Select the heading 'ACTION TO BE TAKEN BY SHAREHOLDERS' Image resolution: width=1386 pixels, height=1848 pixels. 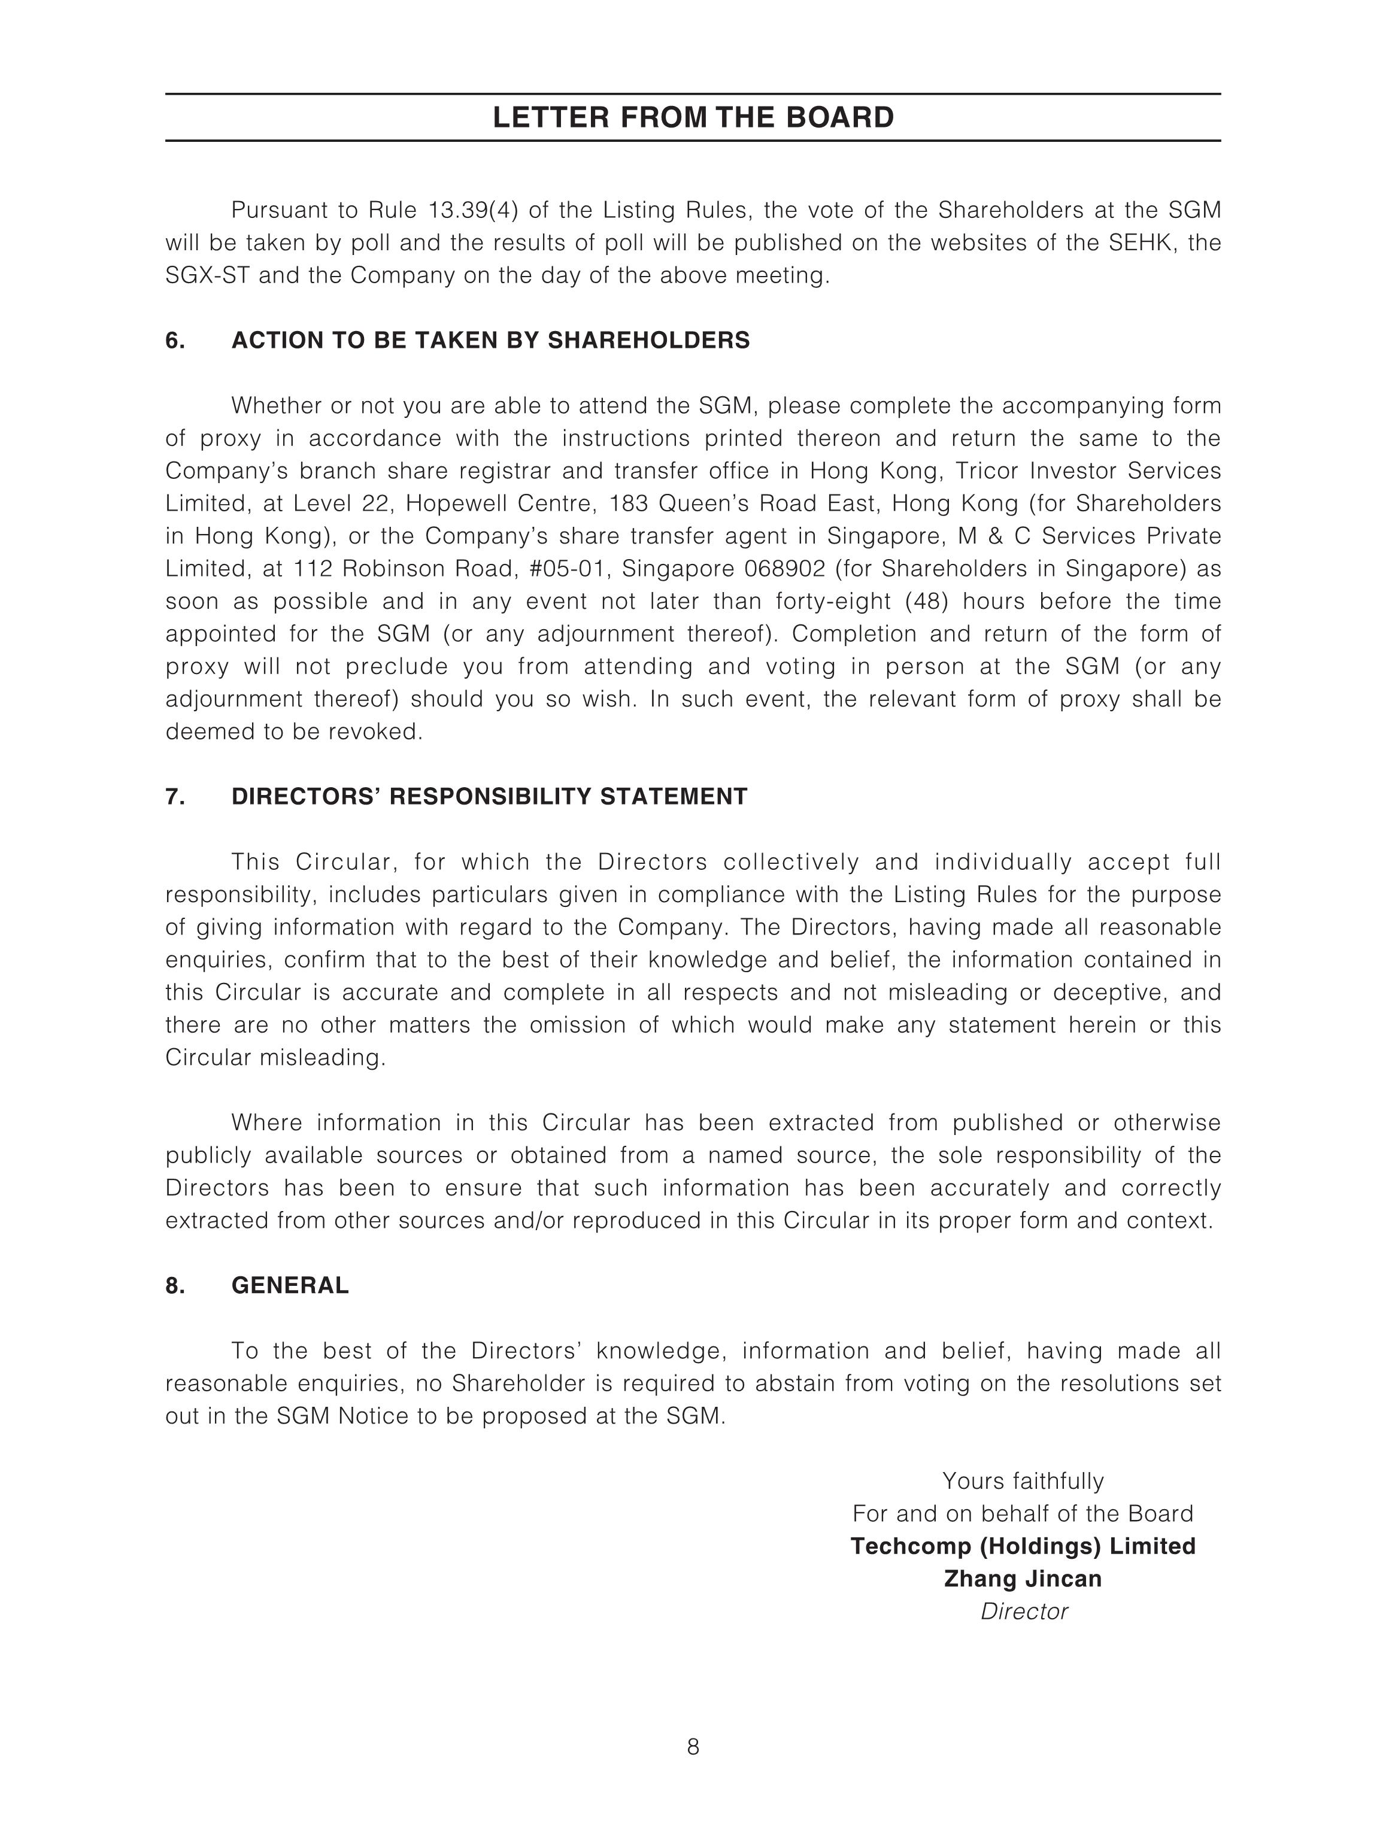click(x=490, y=341)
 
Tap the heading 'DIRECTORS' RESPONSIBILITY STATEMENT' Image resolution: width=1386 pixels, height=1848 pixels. click(x=489, y=796)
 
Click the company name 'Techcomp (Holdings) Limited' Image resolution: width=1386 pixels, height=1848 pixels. click(x=1023, y=1546)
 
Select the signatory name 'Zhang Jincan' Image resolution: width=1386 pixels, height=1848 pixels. click(x=1023, y=1579)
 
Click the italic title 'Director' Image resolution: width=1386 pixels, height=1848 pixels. click(x=1023, y=1612)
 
